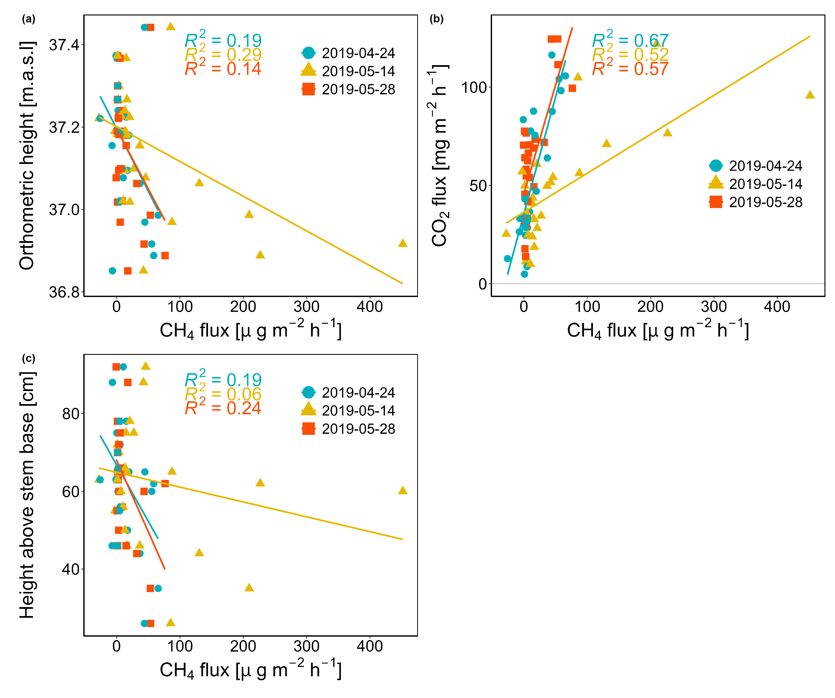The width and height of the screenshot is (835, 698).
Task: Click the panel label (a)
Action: tap(29, 19)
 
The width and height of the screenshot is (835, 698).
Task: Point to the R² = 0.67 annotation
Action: tap(630, 40)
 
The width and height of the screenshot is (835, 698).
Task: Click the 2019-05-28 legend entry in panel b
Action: tap(755, 202)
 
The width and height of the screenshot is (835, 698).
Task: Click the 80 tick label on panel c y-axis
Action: tap(71, 414)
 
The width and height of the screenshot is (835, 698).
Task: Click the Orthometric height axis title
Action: tap(27, 155)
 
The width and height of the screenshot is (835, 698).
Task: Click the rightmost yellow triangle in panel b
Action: tap(810, 95)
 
